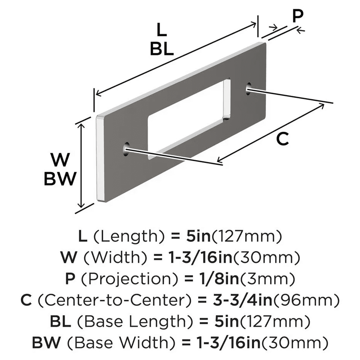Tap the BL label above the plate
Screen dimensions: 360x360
coord(162,49)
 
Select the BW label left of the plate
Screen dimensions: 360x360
coord(60,179)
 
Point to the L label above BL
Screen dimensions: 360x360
coord(162,31)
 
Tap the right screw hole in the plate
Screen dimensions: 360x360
coord(248,90)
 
